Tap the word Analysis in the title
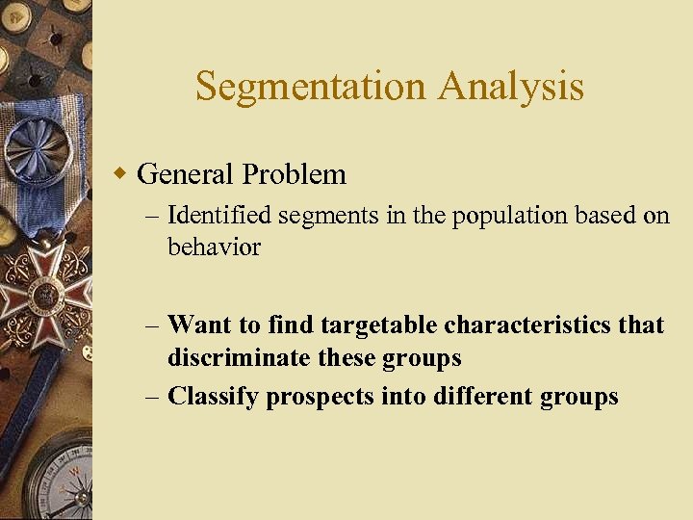point(511,87)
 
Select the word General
point(186,174)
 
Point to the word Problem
point(295,174)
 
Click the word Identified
point(220,217)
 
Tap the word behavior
point(214,247)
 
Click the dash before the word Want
point(153,325)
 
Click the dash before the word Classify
point(153,397)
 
